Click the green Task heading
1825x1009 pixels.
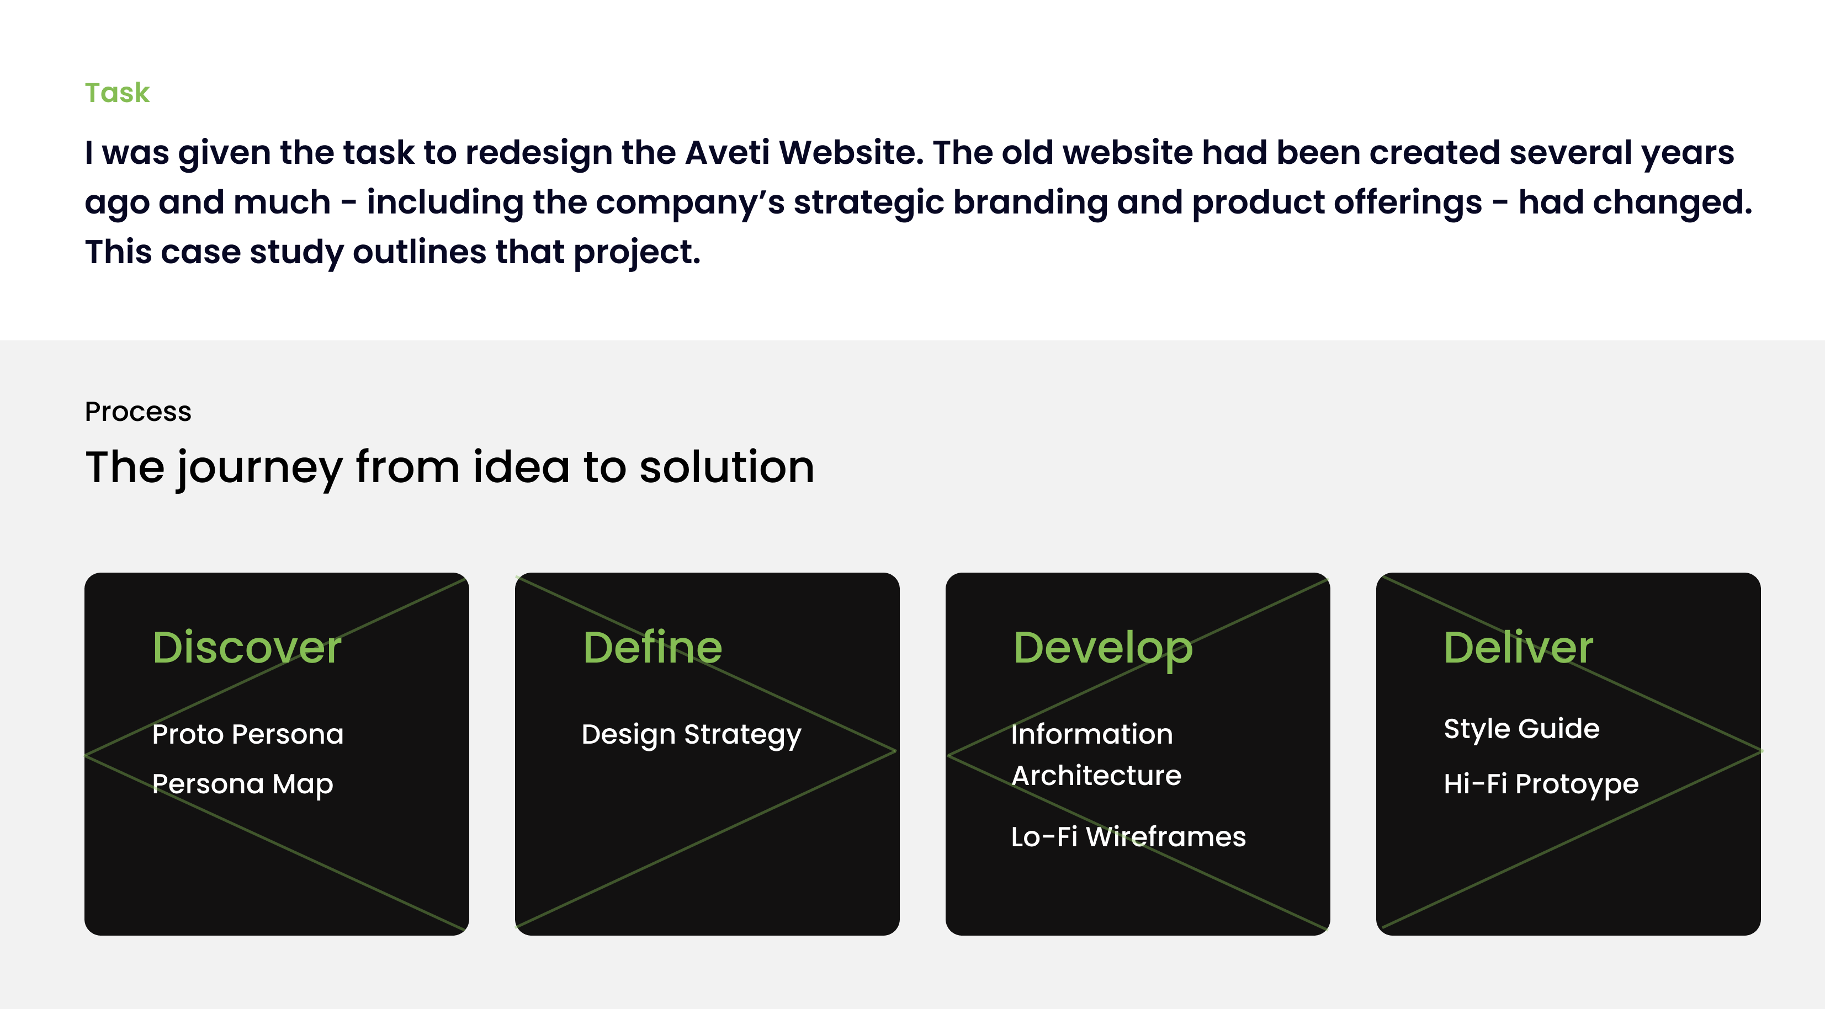coord(117,93)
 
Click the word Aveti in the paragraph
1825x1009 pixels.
coord(728,152)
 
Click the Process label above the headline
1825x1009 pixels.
coord(138,412)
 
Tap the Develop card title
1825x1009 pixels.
coord(1103,649)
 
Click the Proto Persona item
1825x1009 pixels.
coord(248,734)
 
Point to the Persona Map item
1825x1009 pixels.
coord(243,784)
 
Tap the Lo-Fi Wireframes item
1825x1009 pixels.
coord(1128,837)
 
